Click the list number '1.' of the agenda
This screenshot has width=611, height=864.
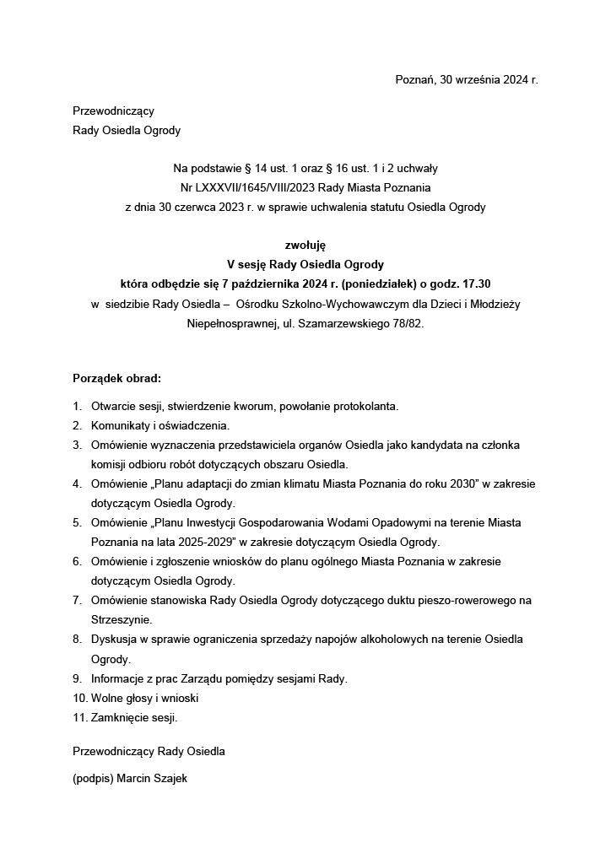pos(78,406)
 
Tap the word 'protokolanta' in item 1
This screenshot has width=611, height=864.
pos(362,406)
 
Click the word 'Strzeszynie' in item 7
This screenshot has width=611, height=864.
pos(121,619)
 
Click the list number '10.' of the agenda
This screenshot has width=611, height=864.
pos(80,698)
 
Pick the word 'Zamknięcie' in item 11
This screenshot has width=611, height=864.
pos(120,718)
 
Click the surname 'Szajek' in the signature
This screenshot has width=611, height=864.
pos(169,779)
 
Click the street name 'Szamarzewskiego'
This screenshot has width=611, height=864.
pos(334,323)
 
